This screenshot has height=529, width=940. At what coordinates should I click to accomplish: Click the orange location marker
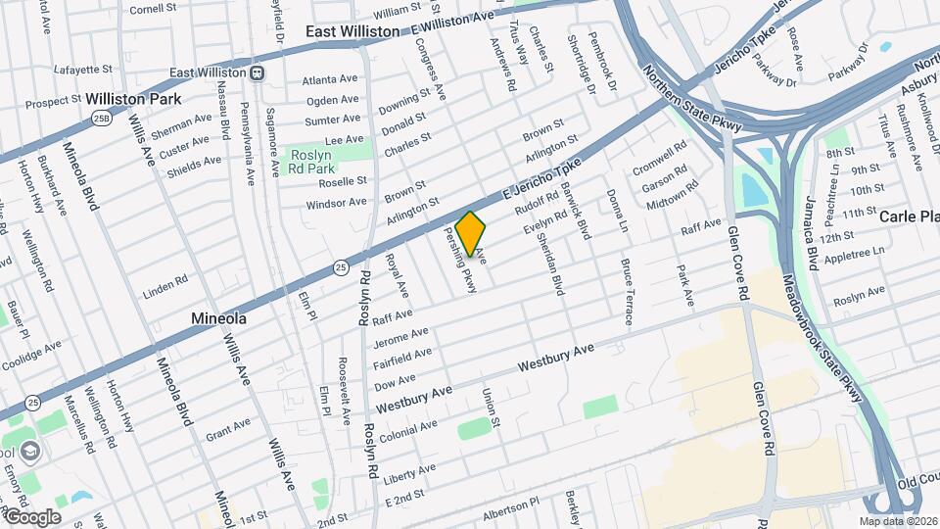point(471,233)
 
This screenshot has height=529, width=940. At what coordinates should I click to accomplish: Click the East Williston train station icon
point(257,72)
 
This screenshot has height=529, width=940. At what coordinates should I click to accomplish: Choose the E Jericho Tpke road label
point(536,179)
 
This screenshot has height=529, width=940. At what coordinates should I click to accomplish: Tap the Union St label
point(490,408)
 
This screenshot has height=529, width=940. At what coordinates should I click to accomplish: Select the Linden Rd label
point(164,283)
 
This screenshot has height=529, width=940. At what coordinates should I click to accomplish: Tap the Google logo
point(32,517)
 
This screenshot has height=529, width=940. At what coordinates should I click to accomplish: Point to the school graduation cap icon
point(30,452)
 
